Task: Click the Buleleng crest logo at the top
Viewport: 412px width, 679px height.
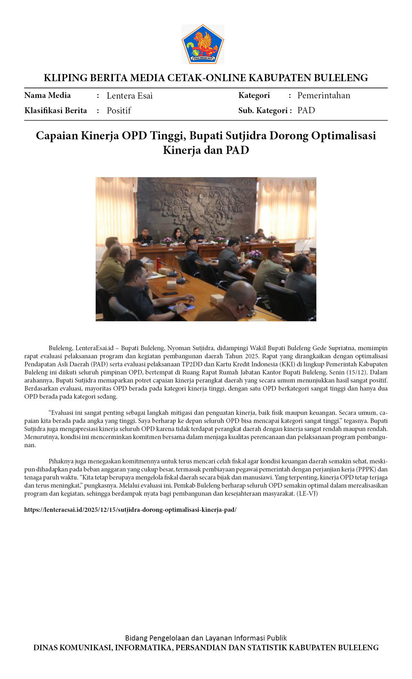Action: [203, 44]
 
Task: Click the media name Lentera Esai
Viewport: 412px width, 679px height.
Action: [130, 96]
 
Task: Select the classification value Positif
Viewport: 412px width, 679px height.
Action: [119, 111]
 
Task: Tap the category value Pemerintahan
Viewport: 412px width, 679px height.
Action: [323, 95]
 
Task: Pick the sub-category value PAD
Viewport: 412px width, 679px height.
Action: [306, 110]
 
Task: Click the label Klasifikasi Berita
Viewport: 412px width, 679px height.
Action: [56, 111]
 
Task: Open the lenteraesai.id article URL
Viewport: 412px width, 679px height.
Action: [130, 510]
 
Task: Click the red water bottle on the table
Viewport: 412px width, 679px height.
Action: [158, 264]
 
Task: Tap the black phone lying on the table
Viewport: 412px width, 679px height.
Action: [170, 293]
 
